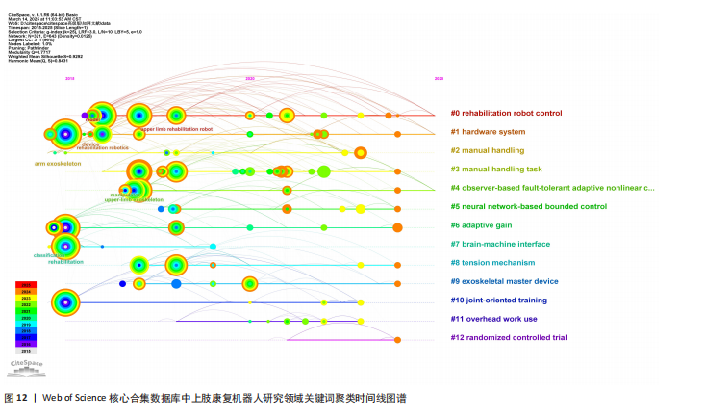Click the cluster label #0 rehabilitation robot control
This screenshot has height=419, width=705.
(506, 114)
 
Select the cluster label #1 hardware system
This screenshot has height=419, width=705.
(489, 132)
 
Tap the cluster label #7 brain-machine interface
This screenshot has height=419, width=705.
(500, 244)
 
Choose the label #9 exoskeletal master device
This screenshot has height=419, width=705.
(504, 281)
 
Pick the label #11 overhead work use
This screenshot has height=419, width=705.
(493, 319)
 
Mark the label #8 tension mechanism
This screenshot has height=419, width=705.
(492, 263)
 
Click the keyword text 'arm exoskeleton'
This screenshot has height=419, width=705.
(58, 164)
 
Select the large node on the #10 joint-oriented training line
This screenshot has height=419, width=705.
(64, 302)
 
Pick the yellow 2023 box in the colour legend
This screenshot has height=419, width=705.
(28, 300)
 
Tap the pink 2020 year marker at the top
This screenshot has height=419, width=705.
(250, 78)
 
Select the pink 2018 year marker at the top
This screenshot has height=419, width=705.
(69, 78)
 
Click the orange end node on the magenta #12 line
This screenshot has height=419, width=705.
(397, 339)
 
